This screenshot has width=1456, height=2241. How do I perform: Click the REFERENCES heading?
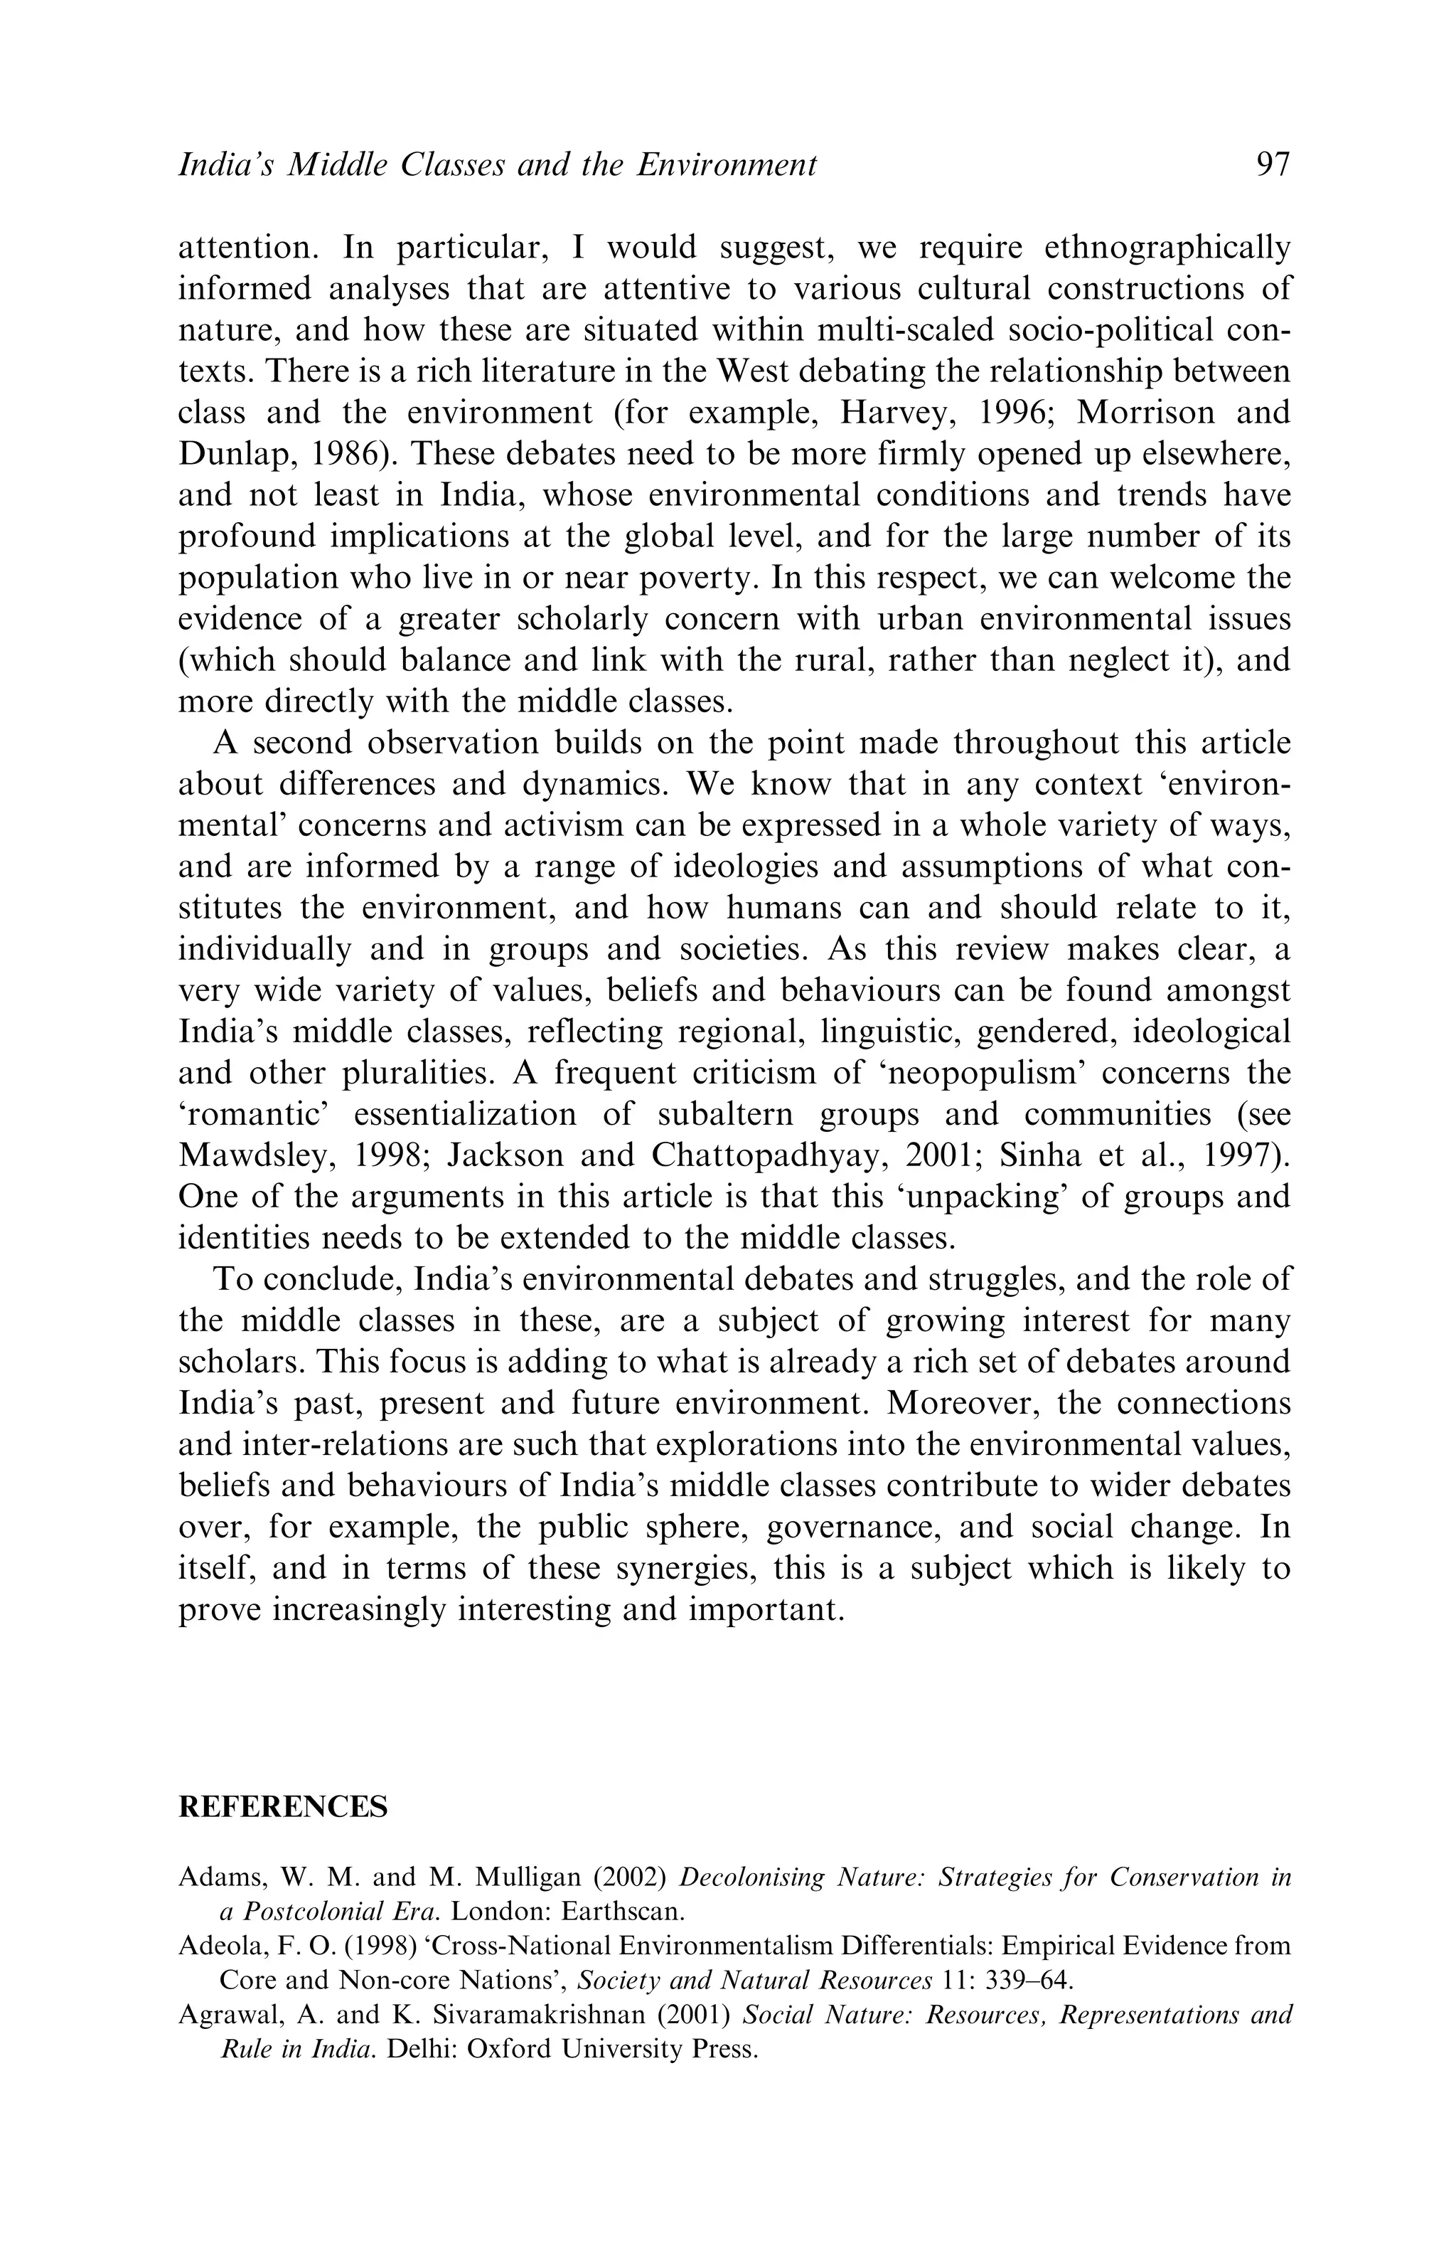coord(283,1807)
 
